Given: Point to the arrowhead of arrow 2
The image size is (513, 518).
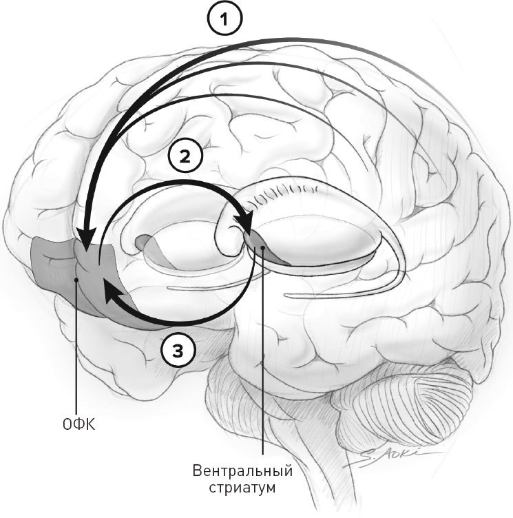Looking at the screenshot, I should [x=244, y=225].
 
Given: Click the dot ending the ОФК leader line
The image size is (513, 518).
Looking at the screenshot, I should [x=76, y=280].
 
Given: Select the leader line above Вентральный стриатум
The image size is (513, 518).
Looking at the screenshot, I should [x=263, y=358].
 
